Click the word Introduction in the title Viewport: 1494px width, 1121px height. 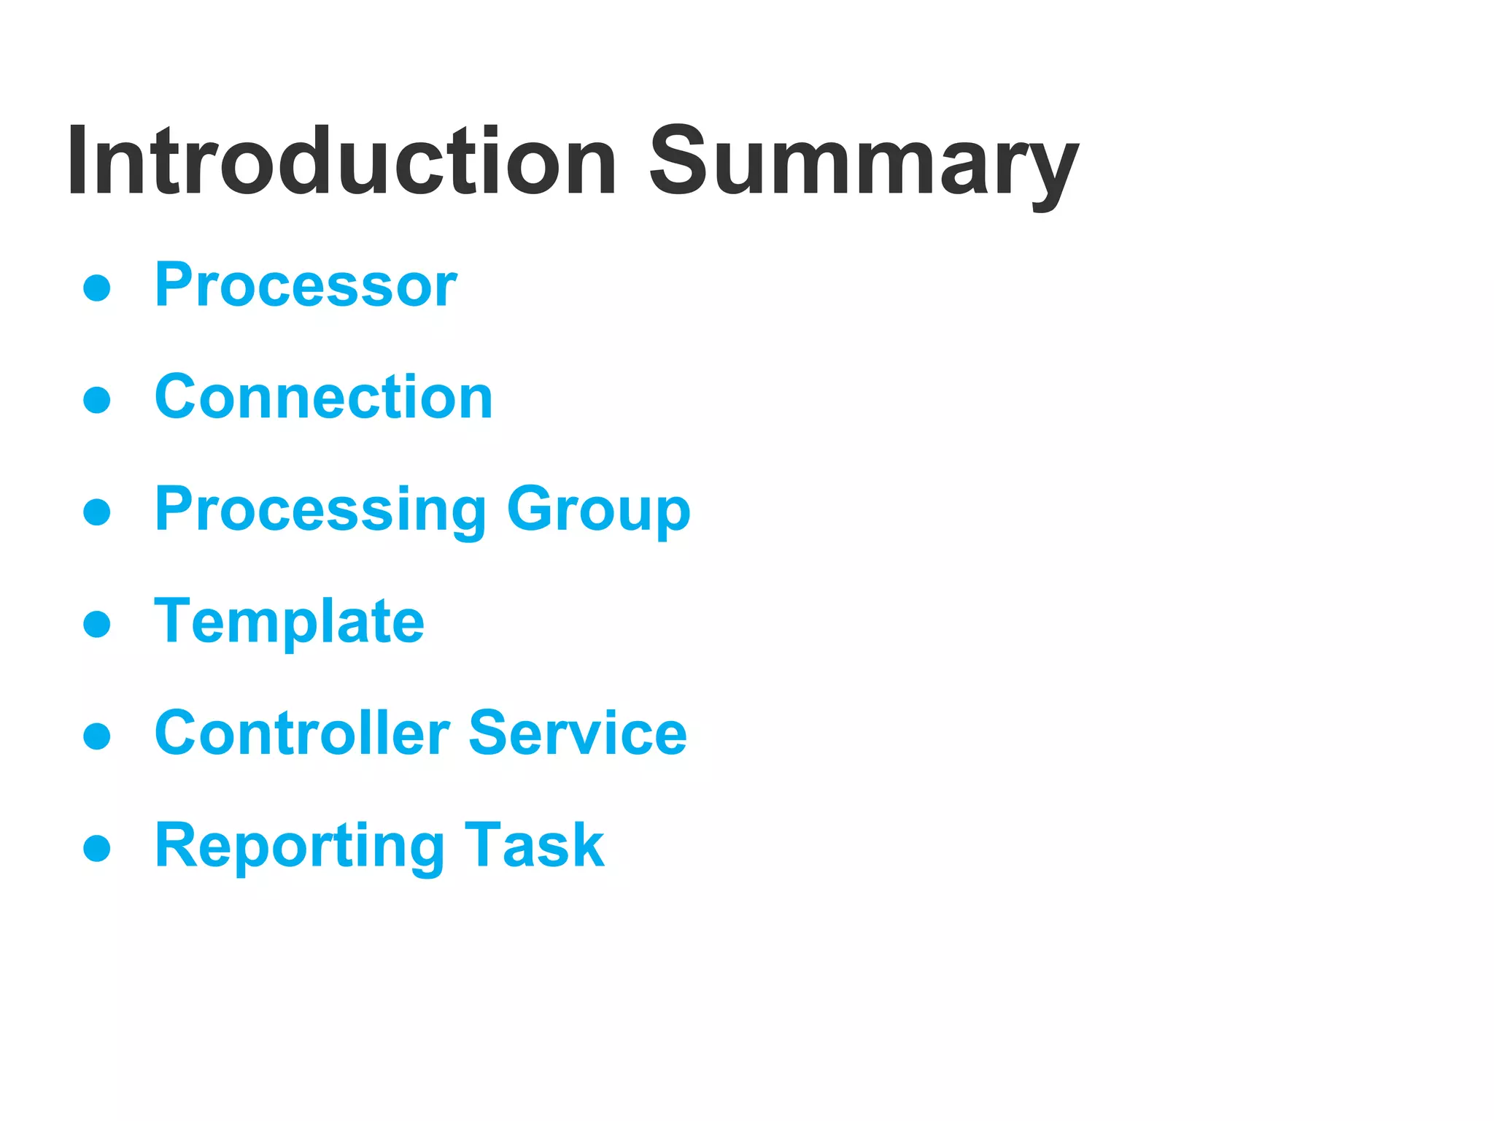341,162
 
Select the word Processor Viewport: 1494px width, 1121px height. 305,285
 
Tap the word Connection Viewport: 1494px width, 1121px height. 324,397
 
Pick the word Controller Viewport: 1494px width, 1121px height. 302,733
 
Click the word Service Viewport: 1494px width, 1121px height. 577,733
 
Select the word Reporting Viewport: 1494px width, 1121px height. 299,846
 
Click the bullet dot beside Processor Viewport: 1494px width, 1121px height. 97,288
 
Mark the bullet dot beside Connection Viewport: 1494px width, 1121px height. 97,400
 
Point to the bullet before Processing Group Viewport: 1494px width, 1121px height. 97,512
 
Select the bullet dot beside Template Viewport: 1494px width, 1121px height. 97,624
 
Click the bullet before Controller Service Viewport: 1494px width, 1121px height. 97,736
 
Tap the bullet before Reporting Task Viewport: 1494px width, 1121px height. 97,848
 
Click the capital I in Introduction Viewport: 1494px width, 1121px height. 77,162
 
